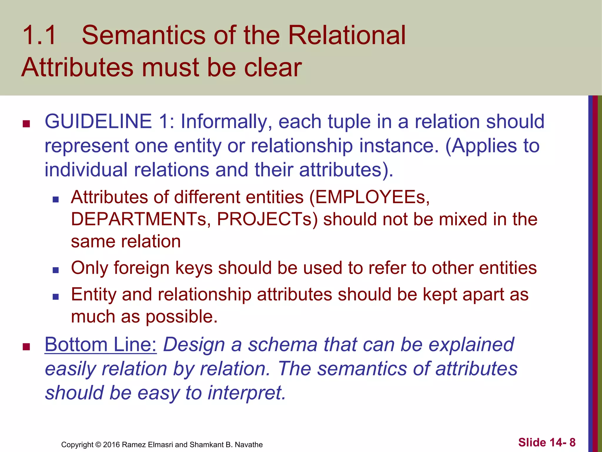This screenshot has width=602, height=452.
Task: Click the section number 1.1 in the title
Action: [39, 36]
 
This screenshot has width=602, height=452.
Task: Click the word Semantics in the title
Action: [143, 36]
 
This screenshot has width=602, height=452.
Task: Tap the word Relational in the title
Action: [347, 36]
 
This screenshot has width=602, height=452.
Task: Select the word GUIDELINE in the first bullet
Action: [98, 122]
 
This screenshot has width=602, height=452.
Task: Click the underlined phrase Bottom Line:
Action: [101, 344]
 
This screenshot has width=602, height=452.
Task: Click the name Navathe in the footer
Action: [249, 445]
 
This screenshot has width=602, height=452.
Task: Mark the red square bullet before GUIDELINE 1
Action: [26, 124]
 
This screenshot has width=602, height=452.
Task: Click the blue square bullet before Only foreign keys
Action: [56, 270]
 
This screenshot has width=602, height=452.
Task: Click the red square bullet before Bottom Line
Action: [26, 347]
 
